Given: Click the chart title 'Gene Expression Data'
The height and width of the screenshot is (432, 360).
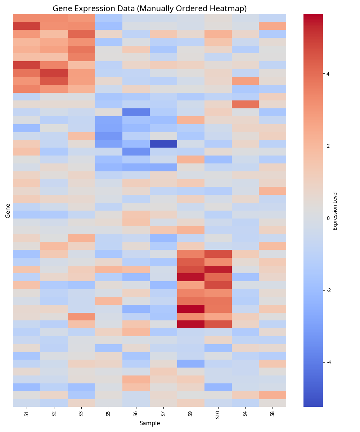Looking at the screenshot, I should coord(149,8).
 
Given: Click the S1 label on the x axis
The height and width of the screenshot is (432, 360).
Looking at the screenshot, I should coord(27,414).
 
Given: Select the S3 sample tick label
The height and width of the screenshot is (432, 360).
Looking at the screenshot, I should coord(81,414).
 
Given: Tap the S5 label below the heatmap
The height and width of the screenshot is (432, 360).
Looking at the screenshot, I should coord(108,414).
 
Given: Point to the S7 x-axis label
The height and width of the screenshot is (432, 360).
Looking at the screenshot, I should coord(163,414).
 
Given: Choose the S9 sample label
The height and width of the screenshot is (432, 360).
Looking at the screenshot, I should coord(190,414).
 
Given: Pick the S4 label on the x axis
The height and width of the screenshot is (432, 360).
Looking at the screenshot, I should coord(245,414).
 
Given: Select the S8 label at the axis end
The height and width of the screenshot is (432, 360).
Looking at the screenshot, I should coord(273,414).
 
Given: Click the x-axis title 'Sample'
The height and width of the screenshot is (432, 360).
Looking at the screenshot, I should coord(150,423).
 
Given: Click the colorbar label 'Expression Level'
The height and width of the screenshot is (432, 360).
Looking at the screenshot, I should coord(335,211).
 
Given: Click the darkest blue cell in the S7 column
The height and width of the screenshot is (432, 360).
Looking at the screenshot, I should coord(163,144).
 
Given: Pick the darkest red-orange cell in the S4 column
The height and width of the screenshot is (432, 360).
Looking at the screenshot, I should coord(245,104).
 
